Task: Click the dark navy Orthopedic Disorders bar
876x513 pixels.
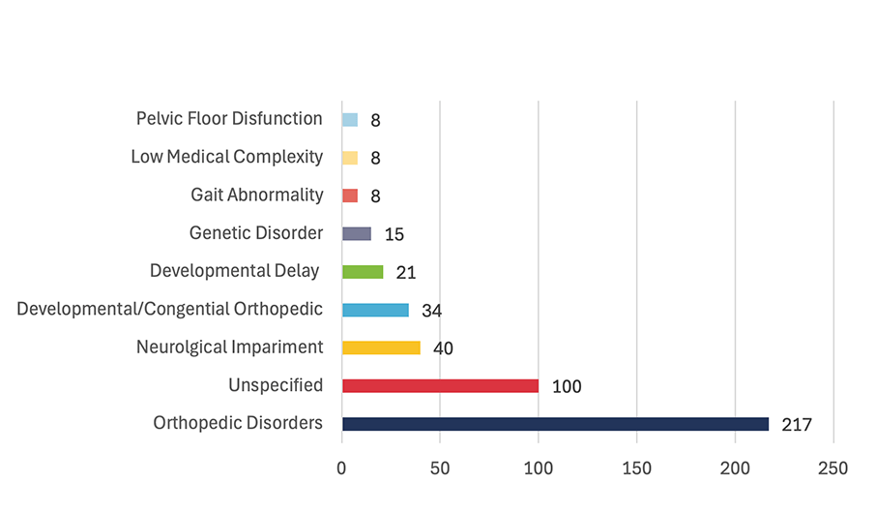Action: (x=555, y=424)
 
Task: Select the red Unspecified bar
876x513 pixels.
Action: (x=440, y=385)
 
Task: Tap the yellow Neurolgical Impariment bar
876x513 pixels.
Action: (x=381, y=347)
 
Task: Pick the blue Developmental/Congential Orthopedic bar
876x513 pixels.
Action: (x=375, y=310)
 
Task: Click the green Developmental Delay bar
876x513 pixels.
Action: (x=363, y=272)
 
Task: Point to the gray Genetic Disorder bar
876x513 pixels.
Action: (x=357, y=233)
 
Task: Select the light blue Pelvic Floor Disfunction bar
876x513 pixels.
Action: (x=350, y=120)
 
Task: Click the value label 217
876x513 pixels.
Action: (x=797, y=425)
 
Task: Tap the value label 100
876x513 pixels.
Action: (x=566, y=387)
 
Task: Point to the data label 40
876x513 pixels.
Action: (x=443, y=348)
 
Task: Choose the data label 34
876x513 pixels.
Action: (x=431, y=311)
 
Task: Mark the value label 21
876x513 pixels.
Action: (x=405, y=273)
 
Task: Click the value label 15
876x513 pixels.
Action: (x=394, y=234)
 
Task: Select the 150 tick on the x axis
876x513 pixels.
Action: (x=636, y=468)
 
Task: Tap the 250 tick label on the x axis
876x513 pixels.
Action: (x=832, y=468)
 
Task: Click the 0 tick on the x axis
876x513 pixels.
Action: (x=341, y=468)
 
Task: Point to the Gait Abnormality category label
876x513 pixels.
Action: (x=256, y=195)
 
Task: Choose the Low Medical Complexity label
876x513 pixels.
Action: (x=226, y=157)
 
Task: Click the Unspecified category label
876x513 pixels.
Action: (x=276, y=385)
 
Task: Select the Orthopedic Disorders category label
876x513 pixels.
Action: (x=238, y=423)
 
